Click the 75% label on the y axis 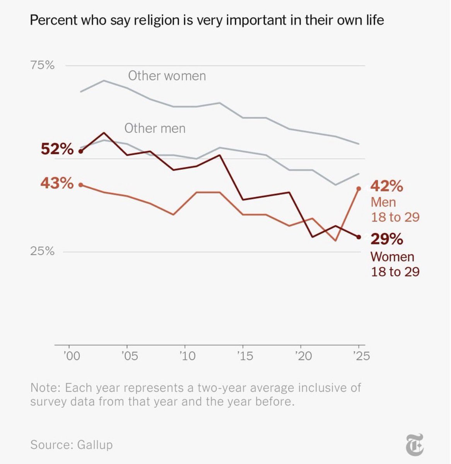(42, 65)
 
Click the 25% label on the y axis (42, 252)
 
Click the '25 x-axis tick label (360, 356)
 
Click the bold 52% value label (57, 149)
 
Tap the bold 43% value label (57, 183)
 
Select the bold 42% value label (387, 186)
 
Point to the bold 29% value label (387, 239)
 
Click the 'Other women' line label (167, 76)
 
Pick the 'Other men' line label (155, 128)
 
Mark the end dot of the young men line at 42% (359, 189)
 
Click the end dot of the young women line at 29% (359, 237)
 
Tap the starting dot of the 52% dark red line (81, 151)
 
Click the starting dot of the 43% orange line (81, 185)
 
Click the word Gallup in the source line (95, 445)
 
